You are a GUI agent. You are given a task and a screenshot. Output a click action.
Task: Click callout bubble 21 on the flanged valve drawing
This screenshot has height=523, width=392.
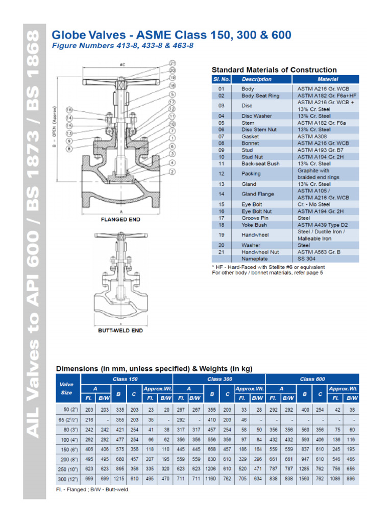172,63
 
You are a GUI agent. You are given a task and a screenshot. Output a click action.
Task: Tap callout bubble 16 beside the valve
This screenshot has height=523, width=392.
70,110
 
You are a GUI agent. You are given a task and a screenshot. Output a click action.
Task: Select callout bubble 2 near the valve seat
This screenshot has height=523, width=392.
172,172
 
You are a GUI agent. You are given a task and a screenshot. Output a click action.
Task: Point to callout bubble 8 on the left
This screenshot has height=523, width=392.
70,148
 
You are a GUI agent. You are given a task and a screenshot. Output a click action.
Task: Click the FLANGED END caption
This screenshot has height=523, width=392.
121,220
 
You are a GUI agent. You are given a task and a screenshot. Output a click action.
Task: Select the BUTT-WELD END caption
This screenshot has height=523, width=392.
121,330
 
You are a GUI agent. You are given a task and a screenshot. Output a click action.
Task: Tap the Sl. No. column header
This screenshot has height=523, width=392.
222,79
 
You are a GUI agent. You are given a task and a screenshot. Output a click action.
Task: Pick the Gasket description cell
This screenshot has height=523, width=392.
250,136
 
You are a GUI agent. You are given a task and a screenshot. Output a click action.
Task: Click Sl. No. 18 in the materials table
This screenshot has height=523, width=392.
222,225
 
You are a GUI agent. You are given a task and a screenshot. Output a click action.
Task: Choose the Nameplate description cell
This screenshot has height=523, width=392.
254,259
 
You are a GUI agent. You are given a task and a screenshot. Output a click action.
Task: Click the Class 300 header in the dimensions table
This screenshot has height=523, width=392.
220,379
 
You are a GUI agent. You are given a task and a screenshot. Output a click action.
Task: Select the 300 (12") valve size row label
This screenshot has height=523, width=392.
67,480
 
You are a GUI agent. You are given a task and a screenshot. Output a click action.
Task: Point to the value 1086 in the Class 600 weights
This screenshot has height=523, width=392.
335,480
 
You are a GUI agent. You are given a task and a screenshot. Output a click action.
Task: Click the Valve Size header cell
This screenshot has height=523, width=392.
67,388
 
